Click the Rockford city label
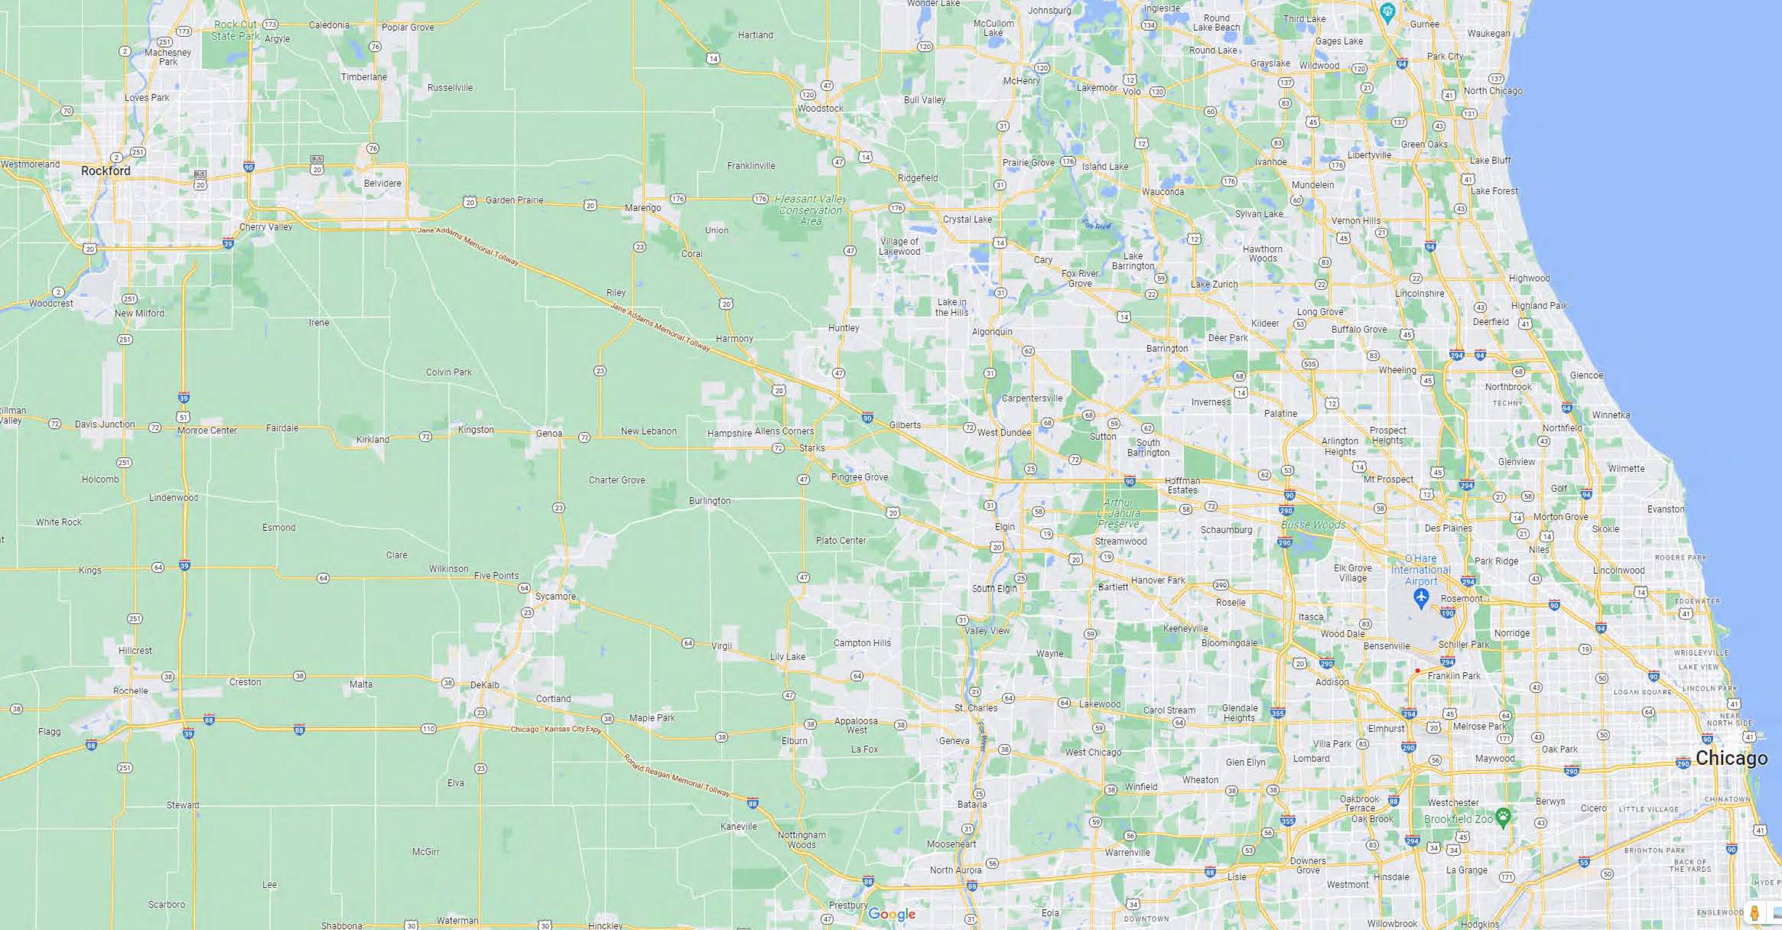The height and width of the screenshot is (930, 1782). coord(105,171)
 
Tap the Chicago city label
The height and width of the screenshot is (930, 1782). coord(1731,758)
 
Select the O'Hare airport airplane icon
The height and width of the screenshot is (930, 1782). coord(1421,598)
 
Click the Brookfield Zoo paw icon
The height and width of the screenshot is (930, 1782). coord(1503,817)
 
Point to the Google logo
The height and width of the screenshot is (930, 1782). coord(892,914)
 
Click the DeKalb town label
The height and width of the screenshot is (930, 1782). coord(484,685)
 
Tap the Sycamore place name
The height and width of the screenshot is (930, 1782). coord(555,596)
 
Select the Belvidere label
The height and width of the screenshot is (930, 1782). coord(383,184)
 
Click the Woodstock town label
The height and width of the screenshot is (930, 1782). coord(820,109)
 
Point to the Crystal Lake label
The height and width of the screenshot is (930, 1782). coord(967,219)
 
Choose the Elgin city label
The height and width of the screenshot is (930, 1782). coord(1004,526)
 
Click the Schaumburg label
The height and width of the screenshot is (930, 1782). coord(1226,530)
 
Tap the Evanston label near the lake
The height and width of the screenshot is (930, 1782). coord(1665,509)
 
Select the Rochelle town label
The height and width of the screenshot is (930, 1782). coord(131,691)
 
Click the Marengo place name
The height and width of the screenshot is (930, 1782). coord(643,207)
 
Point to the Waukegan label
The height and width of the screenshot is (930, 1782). coord(1489,33)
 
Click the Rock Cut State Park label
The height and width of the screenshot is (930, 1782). coord(235,30)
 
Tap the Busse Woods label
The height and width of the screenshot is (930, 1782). coord(1313,525)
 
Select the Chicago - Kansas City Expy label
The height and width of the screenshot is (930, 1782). coord(556,729)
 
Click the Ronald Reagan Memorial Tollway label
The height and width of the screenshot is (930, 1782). coord(677,775)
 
